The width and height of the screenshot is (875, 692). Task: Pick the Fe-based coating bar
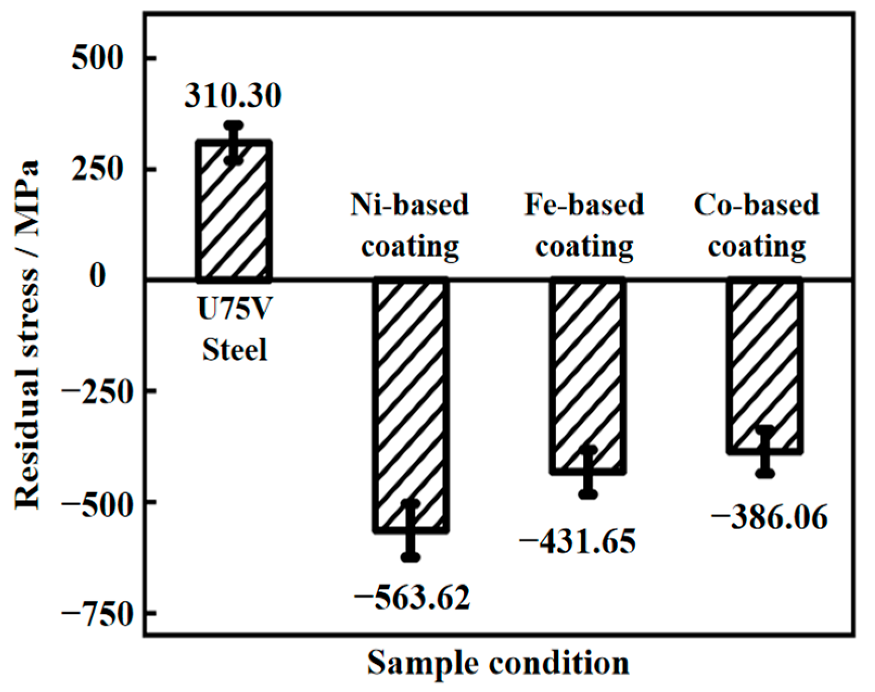pyautogui.click(x=588, y=374)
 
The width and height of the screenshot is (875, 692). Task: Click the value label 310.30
pyautogui.click(x=233, y=96)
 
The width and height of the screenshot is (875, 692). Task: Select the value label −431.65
pyautogui.click(x=578, y=541)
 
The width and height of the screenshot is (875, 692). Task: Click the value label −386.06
pyautogui.click(x=769, y=517)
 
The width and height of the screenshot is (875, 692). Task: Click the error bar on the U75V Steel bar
pyautogui.click(x=234, y=143)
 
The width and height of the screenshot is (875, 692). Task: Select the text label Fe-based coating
pyautogui.click(x=584, y=226)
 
